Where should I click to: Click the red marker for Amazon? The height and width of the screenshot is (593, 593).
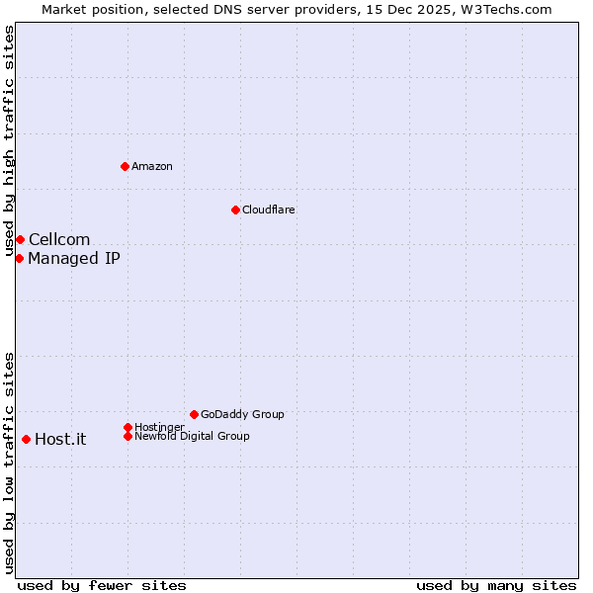click(x=125, y=166)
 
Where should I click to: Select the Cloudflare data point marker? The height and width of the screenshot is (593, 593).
click(x=235, y=210)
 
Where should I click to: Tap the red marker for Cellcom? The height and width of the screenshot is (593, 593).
click(x=20, y=239)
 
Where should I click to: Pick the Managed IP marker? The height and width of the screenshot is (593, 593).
click(x=19, y=258)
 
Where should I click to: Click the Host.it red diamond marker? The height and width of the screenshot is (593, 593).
click(x=26, y=439)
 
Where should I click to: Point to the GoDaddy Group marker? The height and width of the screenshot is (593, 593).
click(x=194, y=414)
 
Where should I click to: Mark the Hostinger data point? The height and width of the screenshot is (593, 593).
click(x=127, y=427)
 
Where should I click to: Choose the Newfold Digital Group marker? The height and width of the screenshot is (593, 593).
click(x=127, y=436)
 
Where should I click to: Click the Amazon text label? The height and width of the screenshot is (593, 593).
click(x=152, y=166)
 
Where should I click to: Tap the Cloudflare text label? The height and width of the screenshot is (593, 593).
click(x=268, y=210)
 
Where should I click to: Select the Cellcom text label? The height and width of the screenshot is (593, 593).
click(x=59, y=239)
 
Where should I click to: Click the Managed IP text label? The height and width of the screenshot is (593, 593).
click(x=74, y=258)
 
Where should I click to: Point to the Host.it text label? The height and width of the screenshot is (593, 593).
click(x=60, y=439)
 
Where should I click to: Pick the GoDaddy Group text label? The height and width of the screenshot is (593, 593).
click(x=242, y=414)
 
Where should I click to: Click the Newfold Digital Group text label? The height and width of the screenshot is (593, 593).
click(x=192, y=436)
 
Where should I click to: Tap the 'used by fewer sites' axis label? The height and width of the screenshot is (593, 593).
click(x=102, y=585)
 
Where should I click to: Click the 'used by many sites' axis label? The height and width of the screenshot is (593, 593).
click(x=496, y=585)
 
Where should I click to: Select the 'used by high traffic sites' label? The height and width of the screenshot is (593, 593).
click(x=9, y=141)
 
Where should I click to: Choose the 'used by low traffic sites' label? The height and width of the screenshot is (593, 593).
click(x=9, y=463)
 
